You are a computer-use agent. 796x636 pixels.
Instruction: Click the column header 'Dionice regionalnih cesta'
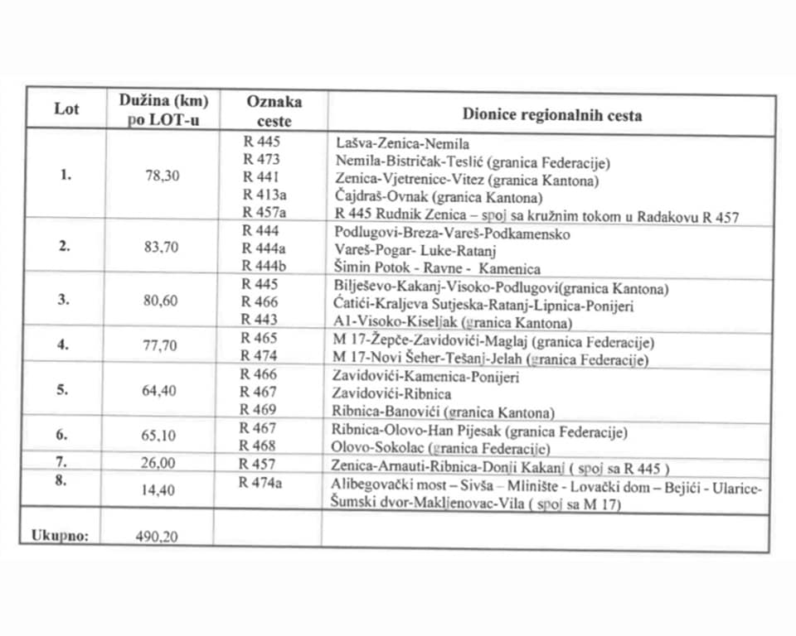(552, 115)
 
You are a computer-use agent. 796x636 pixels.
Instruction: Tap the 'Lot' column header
(66, 109)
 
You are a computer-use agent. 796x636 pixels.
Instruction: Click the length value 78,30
(162, 176)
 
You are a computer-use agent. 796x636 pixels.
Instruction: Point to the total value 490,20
(158, 536)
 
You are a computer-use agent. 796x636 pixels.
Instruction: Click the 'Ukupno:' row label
(60, 534)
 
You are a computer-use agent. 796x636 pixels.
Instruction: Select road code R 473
(261, 159)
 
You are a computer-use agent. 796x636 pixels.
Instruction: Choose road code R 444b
(264, 266)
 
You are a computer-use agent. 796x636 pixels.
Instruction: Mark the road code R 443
(261, 320)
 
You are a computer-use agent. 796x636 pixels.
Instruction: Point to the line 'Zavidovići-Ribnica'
(391, 393)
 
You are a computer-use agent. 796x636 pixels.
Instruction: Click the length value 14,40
(158, 490)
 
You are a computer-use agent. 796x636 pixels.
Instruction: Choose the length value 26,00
(158, 464)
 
